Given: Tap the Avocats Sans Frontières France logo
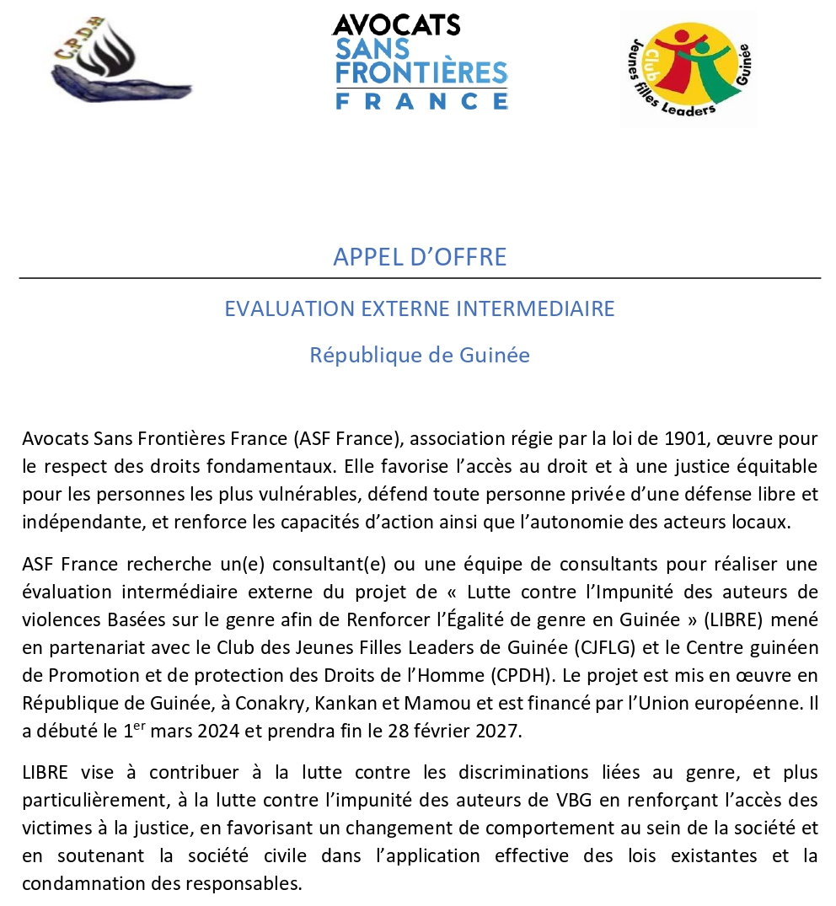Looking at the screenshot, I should tap(421, 62).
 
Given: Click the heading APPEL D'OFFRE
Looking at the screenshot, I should tap(420, 256).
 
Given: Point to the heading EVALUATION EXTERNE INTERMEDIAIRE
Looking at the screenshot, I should tap(420, 308).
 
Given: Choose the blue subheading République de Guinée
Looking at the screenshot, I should tap(420, 355).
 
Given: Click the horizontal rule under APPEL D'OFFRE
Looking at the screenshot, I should tap(420, 278).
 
